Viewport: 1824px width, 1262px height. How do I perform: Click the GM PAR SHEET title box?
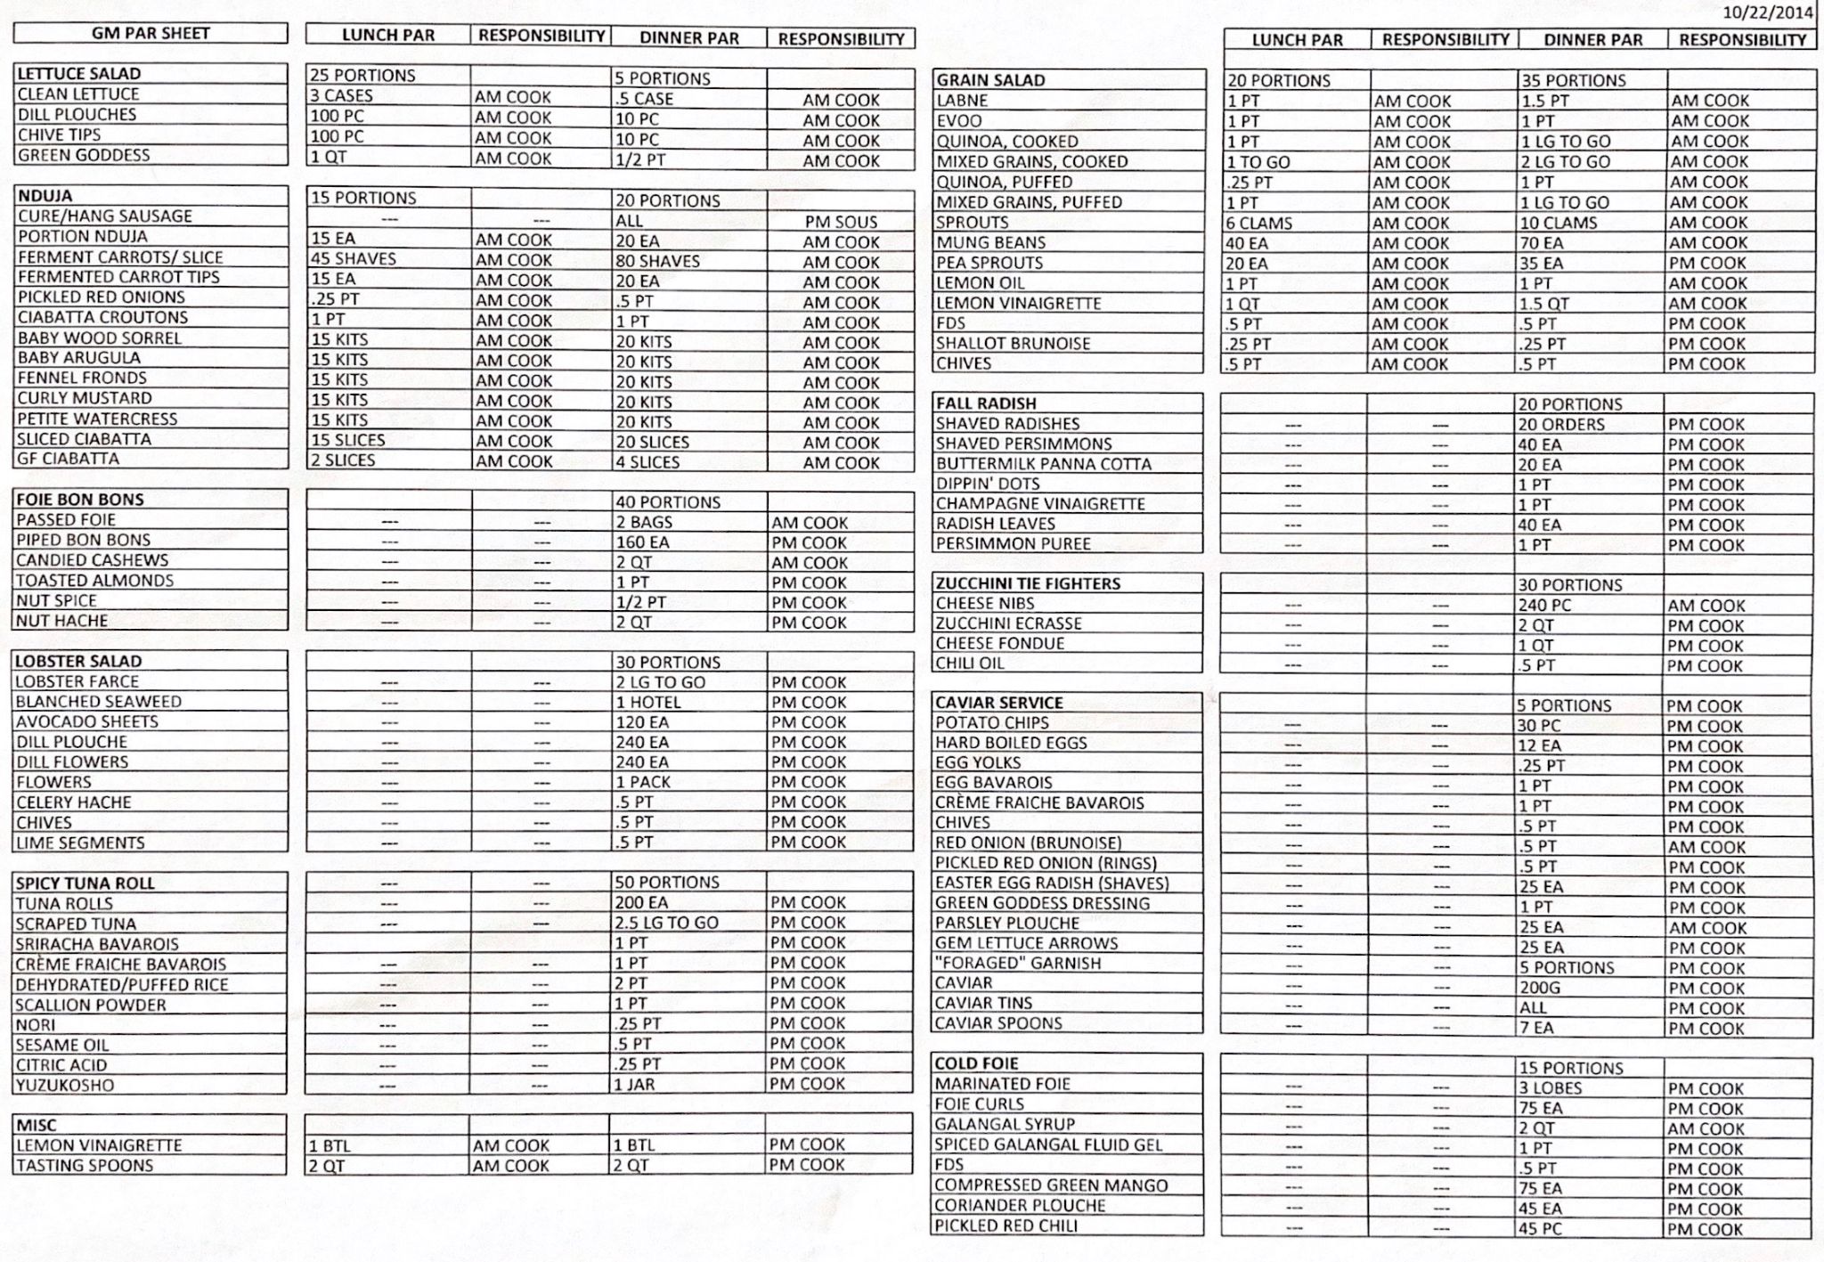[x=151, y=34]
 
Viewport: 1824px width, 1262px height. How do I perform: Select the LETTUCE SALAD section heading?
[x=79, y=74]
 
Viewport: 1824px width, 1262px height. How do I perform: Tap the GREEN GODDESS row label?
[x=84, y=155]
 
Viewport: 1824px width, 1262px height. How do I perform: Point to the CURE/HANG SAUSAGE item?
[x=104, y=216]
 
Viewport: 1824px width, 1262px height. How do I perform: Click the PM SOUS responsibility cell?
[x=841, y=222]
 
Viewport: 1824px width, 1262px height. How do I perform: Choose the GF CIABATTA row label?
[x=68, y=460]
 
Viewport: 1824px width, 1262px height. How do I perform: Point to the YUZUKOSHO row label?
[x=65, y=1086]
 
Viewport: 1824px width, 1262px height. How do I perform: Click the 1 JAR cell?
[x=635, y=1085]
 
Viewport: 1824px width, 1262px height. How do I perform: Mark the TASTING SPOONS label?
[x=85, y=1166]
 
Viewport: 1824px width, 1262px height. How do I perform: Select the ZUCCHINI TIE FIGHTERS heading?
[x=1028, y=584]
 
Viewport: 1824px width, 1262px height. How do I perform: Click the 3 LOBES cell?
[x=1551, y=1088]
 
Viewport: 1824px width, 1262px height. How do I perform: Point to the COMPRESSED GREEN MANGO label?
[x=1051, y=1185]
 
